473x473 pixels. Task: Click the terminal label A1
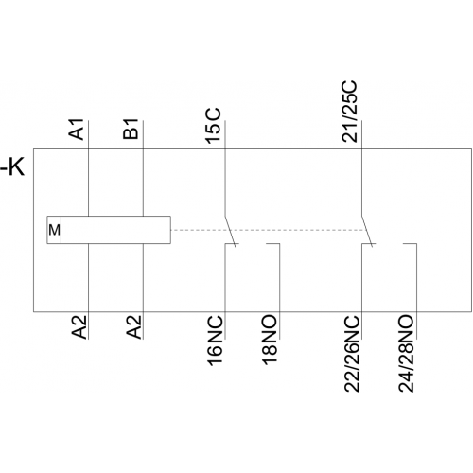[77, 129]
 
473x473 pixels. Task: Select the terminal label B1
[131, 129]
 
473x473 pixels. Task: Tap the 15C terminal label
[214, 126]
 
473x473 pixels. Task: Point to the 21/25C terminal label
[350, 112]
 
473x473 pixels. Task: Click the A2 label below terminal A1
[79, 327]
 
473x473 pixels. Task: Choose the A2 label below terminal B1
[133, 327]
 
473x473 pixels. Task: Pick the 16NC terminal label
[216, 341]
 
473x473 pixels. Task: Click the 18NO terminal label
[270, 340]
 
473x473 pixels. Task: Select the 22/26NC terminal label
[352, 354]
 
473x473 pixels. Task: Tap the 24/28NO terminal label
[406, 354]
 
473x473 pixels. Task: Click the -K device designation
[12, 167]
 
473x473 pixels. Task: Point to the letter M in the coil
[54, 230]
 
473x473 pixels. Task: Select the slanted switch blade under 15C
[231, 232]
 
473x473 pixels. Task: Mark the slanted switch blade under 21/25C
[367, 232]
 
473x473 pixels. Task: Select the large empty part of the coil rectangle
[115, 230]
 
